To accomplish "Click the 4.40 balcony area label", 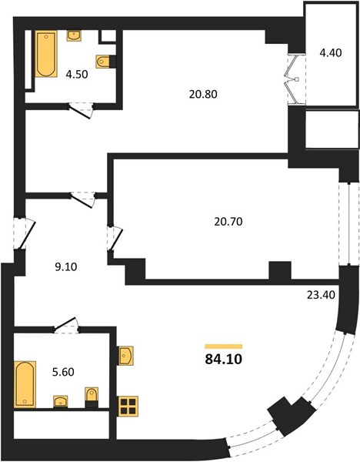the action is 331,53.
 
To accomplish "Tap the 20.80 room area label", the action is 203,94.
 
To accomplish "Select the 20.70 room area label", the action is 228,221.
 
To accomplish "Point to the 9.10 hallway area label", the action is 66,267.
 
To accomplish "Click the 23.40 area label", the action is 321,295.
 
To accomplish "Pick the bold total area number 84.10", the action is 224,359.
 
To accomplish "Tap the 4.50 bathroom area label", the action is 77,75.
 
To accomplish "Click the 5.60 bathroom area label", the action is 63,372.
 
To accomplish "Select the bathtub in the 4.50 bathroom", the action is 46,54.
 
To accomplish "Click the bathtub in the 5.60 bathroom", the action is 25,384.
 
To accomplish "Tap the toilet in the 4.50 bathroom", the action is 103,62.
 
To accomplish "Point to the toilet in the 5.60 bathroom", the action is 92,395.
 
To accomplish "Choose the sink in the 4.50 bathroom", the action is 74,36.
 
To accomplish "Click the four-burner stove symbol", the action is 128,406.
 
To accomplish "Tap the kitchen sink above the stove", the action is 125,356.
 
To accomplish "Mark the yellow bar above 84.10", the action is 224,346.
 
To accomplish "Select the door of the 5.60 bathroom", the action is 66,325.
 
